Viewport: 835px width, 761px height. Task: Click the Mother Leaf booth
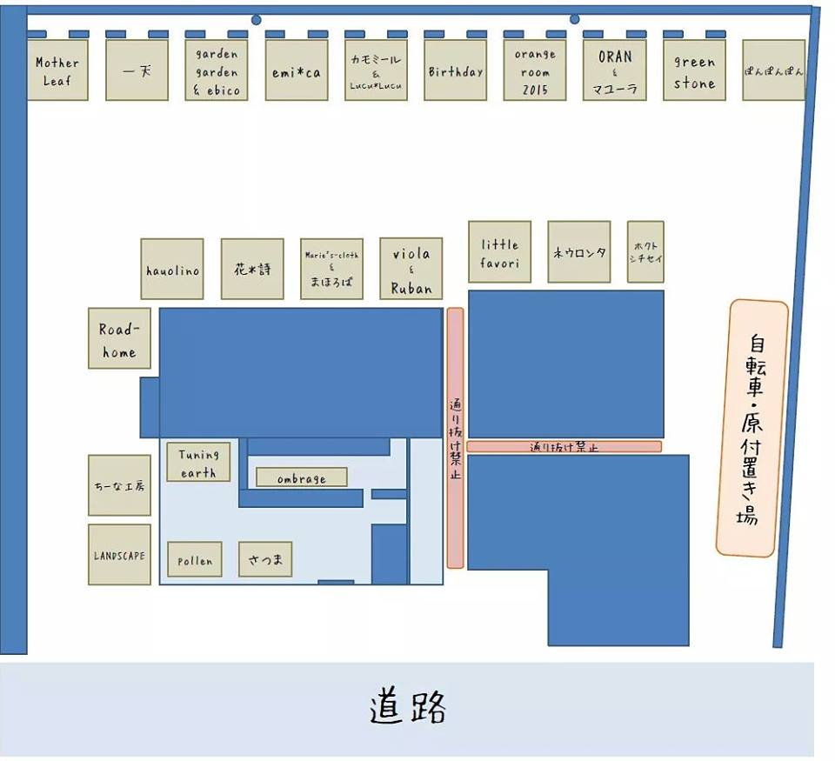click(57, 70)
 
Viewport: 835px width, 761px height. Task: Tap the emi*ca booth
click(297, 70)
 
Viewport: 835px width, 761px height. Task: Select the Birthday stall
click(455, 70)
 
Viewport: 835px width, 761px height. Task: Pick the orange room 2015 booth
click(535, 70)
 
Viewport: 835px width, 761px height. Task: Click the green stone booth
click(694, 70)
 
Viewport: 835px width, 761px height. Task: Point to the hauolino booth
click(172, 270)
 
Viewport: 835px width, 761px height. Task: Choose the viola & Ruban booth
click(411, 270)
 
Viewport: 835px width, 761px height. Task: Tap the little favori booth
click(500, 252)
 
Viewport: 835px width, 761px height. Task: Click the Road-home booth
click(119, 338)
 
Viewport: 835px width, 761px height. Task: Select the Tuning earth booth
click(199, 462)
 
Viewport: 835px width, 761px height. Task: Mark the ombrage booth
click(302, 478)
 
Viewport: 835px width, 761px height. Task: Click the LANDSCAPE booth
click(119, 555)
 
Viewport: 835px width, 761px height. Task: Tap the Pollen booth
click(195, 560)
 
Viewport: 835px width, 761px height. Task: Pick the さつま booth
click(265, 559)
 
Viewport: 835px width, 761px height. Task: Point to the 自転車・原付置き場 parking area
click(752, 429)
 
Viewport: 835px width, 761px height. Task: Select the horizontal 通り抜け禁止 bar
click(564, 447)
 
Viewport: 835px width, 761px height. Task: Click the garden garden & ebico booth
click(217, 70)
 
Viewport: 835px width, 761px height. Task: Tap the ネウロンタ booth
click(579, 252)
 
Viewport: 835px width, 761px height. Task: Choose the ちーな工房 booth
click(119, 485)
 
